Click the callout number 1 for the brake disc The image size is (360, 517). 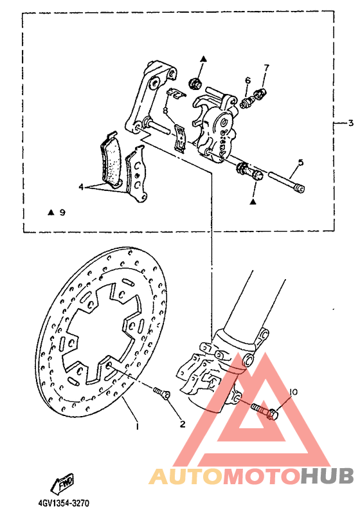pos(136,425)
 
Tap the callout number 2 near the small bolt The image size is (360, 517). pos(182,424)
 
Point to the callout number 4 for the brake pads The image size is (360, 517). pos(82,187)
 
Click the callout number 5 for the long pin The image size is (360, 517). pos(300,163)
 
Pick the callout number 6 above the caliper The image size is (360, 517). pos(247,80)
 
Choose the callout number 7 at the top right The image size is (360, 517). pos(266,68)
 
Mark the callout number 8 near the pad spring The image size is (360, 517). pos(165,111)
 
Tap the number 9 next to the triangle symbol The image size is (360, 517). pos(62,212)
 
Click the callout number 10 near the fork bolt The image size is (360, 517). pos(293,392)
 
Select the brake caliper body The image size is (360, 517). pos(216,125)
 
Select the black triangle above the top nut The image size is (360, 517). pos(202,59)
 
